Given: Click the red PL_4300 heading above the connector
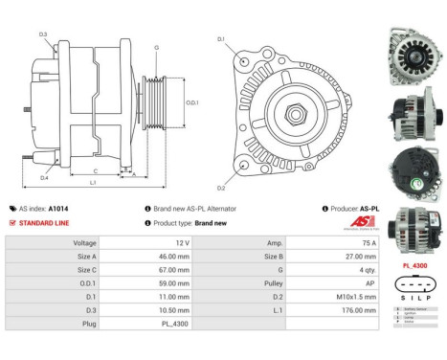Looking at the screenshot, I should click(x=413, y=265).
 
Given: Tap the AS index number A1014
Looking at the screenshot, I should click(x=85, y=208).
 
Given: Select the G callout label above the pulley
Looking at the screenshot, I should click(x=156, y=47).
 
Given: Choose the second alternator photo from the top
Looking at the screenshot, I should click(x=413, y=110).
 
